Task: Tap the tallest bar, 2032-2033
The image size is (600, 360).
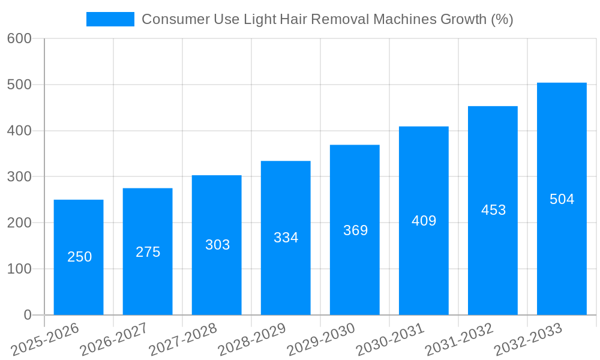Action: [562, 199]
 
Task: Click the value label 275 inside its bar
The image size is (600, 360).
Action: [148, 252]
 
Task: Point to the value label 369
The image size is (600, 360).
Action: [355, 230]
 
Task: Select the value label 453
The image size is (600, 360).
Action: [493, 210]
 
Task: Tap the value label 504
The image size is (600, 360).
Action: [562, 199]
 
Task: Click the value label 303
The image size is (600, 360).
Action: [217, 245]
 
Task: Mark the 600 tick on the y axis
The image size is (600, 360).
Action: [19, 38]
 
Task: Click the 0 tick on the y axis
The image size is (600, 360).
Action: [28, 315]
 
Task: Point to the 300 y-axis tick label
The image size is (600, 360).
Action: [19, 177]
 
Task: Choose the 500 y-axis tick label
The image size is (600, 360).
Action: [19, 85]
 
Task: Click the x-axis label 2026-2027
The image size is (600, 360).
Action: [114, 340]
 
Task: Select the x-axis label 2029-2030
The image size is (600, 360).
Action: [321, 340]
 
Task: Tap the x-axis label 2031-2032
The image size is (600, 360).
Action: [459, 340]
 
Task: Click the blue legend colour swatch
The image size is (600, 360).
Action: [110, 19]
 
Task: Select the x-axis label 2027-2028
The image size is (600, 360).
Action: [183, 340]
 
